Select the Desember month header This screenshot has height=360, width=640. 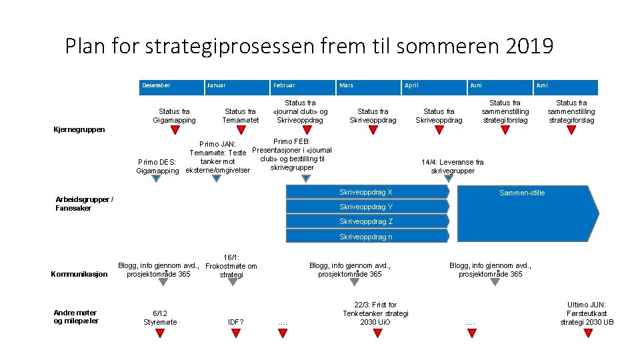coord(156,85)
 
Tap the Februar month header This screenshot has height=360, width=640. coord(284,85)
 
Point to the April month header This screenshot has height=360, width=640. coord(411,85)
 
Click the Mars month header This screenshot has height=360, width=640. coord(347,85)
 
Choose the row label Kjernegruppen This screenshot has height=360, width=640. coord(79,129)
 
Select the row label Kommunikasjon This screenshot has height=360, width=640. coord(79,274)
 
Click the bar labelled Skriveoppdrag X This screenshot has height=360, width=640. coord(366,192)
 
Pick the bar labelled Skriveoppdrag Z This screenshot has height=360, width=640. coord(366,221)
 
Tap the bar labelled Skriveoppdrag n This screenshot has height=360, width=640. coord(366,237)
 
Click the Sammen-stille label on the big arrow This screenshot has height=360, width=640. coord(522,193)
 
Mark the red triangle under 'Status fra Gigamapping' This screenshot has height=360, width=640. coord(175,130)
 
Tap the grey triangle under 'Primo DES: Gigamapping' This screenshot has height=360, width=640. coord(157,179)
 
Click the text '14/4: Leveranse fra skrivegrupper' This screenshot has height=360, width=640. coord(453,166)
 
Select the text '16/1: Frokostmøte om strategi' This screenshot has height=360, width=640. coord(232,265)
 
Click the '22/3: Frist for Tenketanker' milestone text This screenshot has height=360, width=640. coord(375,313)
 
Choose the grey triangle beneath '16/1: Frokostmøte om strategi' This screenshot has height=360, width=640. coord(232,282)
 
